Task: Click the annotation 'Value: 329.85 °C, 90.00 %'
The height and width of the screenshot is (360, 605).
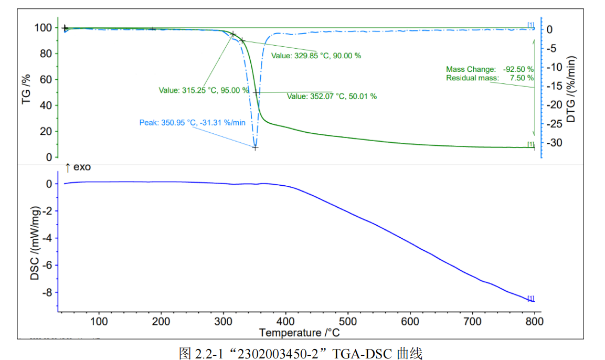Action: pos(316,56)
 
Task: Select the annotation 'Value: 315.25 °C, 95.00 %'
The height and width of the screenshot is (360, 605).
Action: pos(204,90)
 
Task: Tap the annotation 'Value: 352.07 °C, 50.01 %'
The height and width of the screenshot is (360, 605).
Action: pos(332,96)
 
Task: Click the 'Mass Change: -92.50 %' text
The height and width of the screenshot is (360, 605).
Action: pos(490,69)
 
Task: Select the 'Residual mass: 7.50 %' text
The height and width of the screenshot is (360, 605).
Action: pos(490,78)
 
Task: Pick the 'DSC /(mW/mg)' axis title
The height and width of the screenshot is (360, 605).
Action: pos(35,240)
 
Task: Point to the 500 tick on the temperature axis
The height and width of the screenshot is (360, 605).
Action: pos(347,321)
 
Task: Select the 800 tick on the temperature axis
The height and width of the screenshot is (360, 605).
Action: pos(534,321)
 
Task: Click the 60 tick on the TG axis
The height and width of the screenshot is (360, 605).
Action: pos(46,80)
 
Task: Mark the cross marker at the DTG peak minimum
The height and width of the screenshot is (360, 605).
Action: pos(255,147)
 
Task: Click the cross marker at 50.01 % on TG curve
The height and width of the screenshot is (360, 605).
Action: pos(256,92)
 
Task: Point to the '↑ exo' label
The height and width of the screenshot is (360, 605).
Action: pos(78,168)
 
